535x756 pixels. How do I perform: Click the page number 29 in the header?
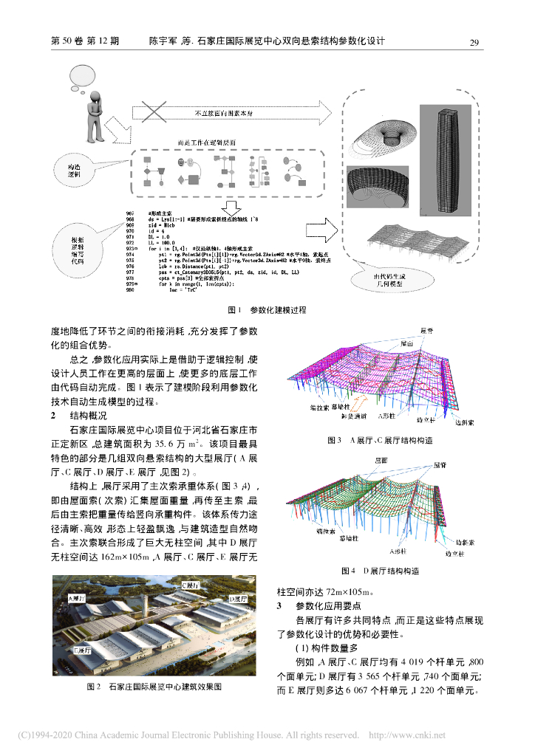[476, 42]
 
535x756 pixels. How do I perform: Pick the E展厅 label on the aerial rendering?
[82, 649]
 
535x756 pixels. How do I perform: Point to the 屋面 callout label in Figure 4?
[381, 459]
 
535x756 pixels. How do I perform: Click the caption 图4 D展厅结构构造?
[380, 571]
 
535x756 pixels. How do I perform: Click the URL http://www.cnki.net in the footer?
[406, 735]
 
